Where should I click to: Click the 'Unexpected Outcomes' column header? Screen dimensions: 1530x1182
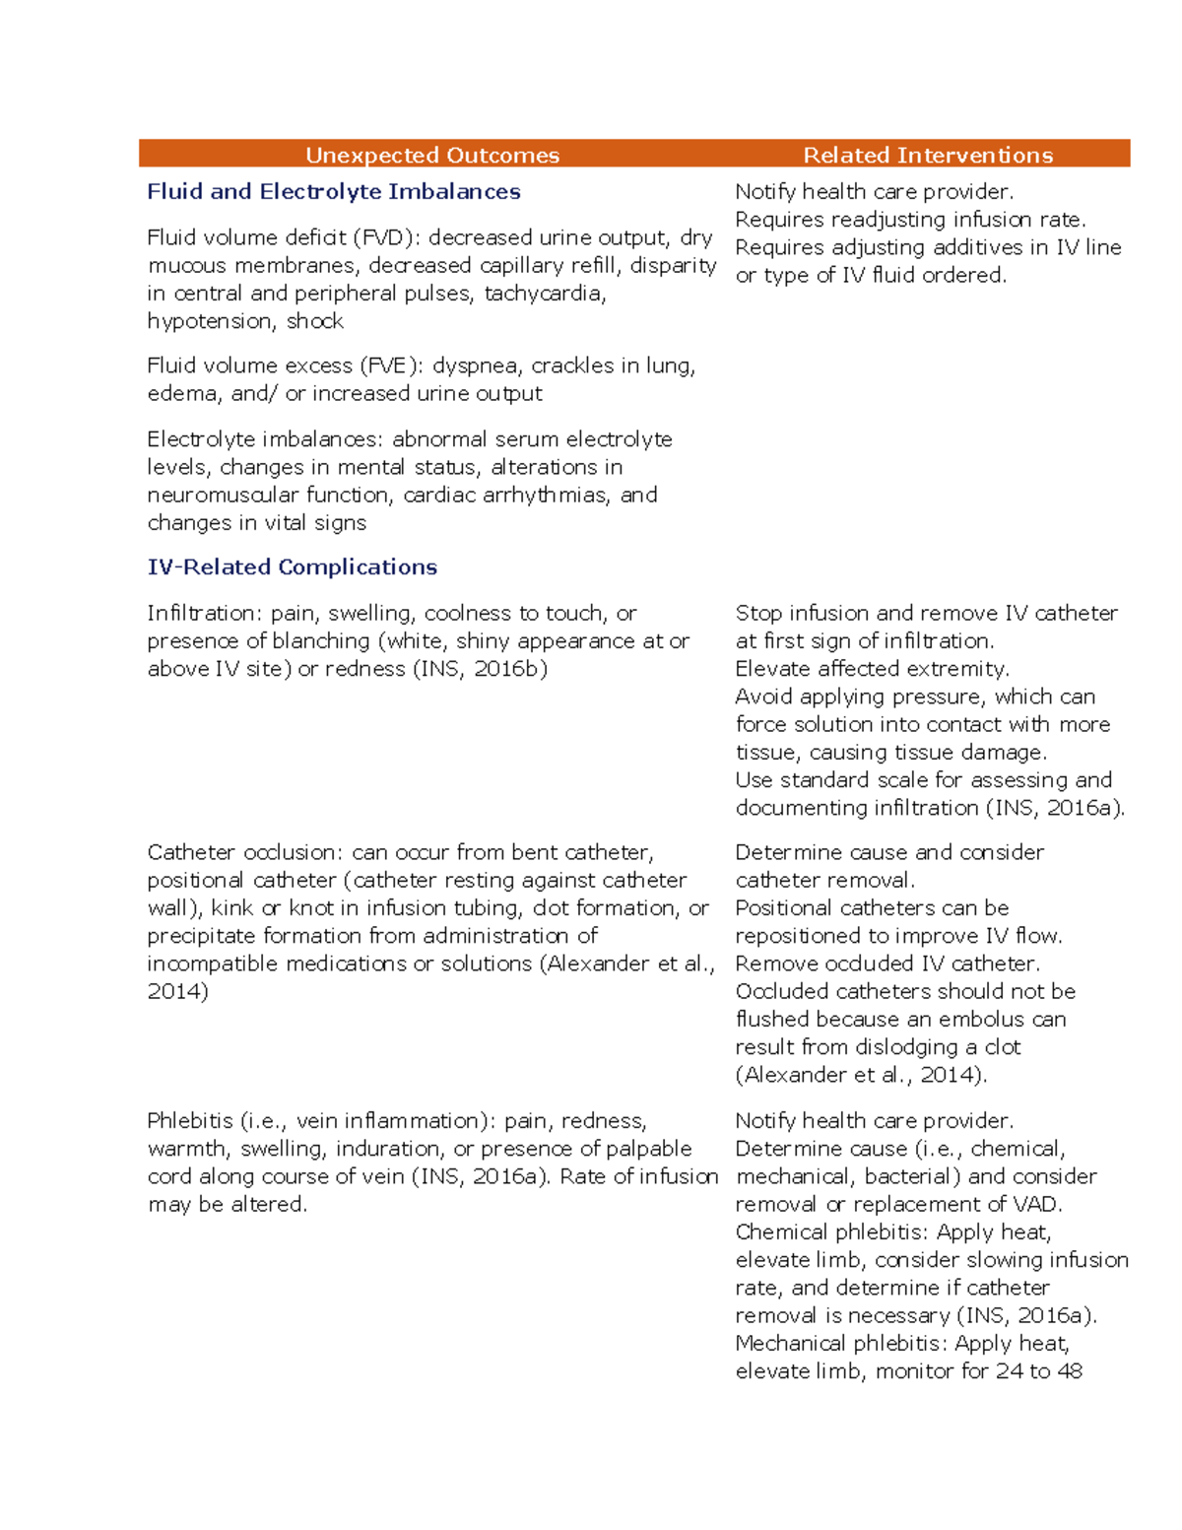[431, 155]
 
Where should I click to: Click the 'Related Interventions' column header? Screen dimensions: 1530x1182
[928, 155]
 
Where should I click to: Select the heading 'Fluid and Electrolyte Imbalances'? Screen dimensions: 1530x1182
[333, 191]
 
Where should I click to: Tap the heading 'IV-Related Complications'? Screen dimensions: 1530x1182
[292, 566]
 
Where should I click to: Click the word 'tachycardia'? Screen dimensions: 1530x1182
[544, 294]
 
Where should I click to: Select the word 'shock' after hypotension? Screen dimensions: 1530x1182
[314, 321]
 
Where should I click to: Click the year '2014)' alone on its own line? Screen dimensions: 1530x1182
[177, 991]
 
